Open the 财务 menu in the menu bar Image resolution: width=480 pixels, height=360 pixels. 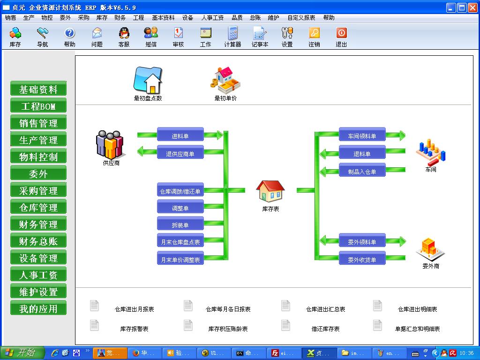tap(120, 18)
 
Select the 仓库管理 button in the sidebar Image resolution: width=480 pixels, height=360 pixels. tap(38, 208)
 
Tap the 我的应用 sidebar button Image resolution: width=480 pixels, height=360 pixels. tap(38, 309)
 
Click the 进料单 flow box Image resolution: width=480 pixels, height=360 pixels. tap(180, 136)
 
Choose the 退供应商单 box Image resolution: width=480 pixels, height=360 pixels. tap(180, 153)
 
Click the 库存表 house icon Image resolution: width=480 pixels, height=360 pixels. tap(270, 192)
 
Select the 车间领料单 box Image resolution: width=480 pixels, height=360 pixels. tap(362, 136)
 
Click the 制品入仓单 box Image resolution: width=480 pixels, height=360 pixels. tap(362, 172)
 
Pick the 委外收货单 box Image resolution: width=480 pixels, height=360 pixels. tap(362, 259)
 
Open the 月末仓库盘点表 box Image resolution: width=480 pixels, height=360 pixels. tap(180, 242)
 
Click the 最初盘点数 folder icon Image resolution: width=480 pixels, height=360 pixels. tap(148, 80)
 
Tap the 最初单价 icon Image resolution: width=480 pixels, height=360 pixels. tap(225, 80)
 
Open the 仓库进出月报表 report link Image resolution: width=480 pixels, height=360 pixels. tap(134, 309)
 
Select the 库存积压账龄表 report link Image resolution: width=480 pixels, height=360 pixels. tap(228, 329)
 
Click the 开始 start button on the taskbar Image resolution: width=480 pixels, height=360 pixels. tap(22, 353)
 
